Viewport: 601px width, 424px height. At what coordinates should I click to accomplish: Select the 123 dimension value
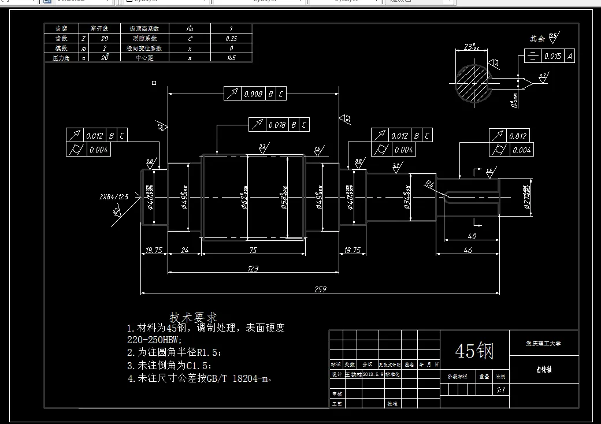pyautogui.click(x=253, y=268)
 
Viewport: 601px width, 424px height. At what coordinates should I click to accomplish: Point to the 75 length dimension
pyautogui.click(x=253, y=250)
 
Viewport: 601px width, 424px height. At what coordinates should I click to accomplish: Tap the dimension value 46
pyautogui.click(x=468, y=250)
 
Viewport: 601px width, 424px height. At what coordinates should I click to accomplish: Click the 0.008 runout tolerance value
pyautogui.click(x=253, y=94)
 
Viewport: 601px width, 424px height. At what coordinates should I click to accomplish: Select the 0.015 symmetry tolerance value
pyautogui.click(x=552, y=56)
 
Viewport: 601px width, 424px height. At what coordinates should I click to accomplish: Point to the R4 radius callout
pyautogui.click(x=429, y=184)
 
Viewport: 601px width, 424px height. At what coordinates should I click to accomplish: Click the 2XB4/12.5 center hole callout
pyautogui.click(x=113, y=196)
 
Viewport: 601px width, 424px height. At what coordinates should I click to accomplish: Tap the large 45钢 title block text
pyautogui.click(x=474, y=351)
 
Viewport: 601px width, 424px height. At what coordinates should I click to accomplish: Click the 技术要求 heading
pyautogui.click(x=193, y=317)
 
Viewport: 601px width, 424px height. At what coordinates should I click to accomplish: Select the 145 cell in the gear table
pyautogui.click(x=231, y=58)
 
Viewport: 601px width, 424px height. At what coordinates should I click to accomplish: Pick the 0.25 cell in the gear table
pyautogui.click(x=231, y=38)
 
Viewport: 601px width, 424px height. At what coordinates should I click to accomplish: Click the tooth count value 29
pyautogui.click(x=104, y=38)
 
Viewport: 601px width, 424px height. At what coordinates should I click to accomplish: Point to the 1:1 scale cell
pyautogui.click(x=501, y=390)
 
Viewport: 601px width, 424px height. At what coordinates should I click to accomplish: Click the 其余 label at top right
pyautogui.click(x=537, y=39)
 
